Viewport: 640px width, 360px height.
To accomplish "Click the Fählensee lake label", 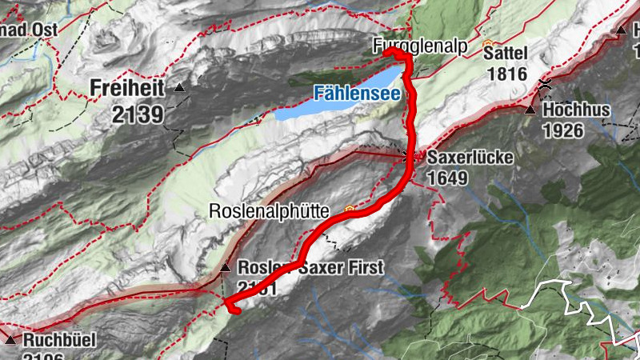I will tap(356, 93).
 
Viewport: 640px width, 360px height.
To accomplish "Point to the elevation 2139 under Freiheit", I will tap(138, 114).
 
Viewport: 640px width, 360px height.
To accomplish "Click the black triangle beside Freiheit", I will tap(179, 88).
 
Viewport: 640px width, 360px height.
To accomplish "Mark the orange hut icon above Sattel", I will tap(488, 41).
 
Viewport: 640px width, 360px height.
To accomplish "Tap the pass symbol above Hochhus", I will tap(546, 84).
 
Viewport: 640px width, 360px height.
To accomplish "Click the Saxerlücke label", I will tap(470, 158).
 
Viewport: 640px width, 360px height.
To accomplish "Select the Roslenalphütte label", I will tap(269, 212).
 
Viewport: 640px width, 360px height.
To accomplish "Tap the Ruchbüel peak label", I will tap(59, 340).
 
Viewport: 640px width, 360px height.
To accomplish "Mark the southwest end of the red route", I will tap(230, 306).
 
